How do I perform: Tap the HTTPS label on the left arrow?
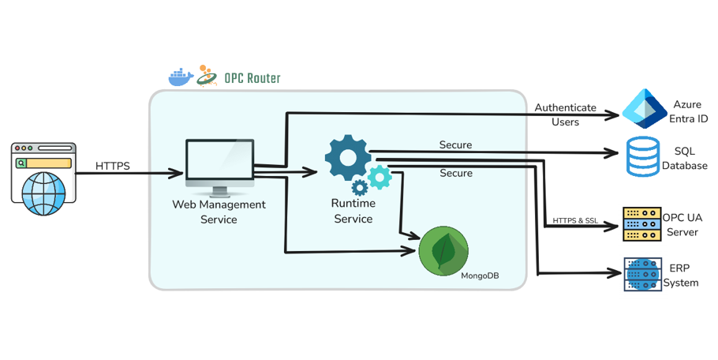pyautogui.click(x=113, y=166)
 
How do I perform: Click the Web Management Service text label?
pyautogui.click(x=219, y=212)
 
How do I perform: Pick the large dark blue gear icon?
pyautogui.click(x=347, y=156)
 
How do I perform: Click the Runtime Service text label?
pyautogui.click(x=353, y=211)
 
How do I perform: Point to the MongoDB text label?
pyautogui.click(x=480, y=276)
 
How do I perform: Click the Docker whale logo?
pyautogui.click(x=181, y=77)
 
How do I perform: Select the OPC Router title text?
pyautogui.click(x=251, y=78)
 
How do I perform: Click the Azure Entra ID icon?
pyautogui.click(x=643, y=108)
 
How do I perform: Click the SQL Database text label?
pyautogui.click(x=684, y=159)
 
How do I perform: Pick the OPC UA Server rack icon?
pyautogui.click(x=641, y=224)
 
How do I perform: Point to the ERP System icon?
pyautogui.click(x=641, y=274)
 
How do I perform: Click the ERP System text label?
pyautogui.click(x=681, y=276)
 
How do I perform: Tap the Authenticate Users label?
pyautogui.click(x=565, y=114)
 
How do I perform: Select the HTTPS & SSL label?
pyautogui.click(x=574, y=220)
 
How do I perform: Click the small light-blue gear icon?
pyautogui.click(x=380, y=177)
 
